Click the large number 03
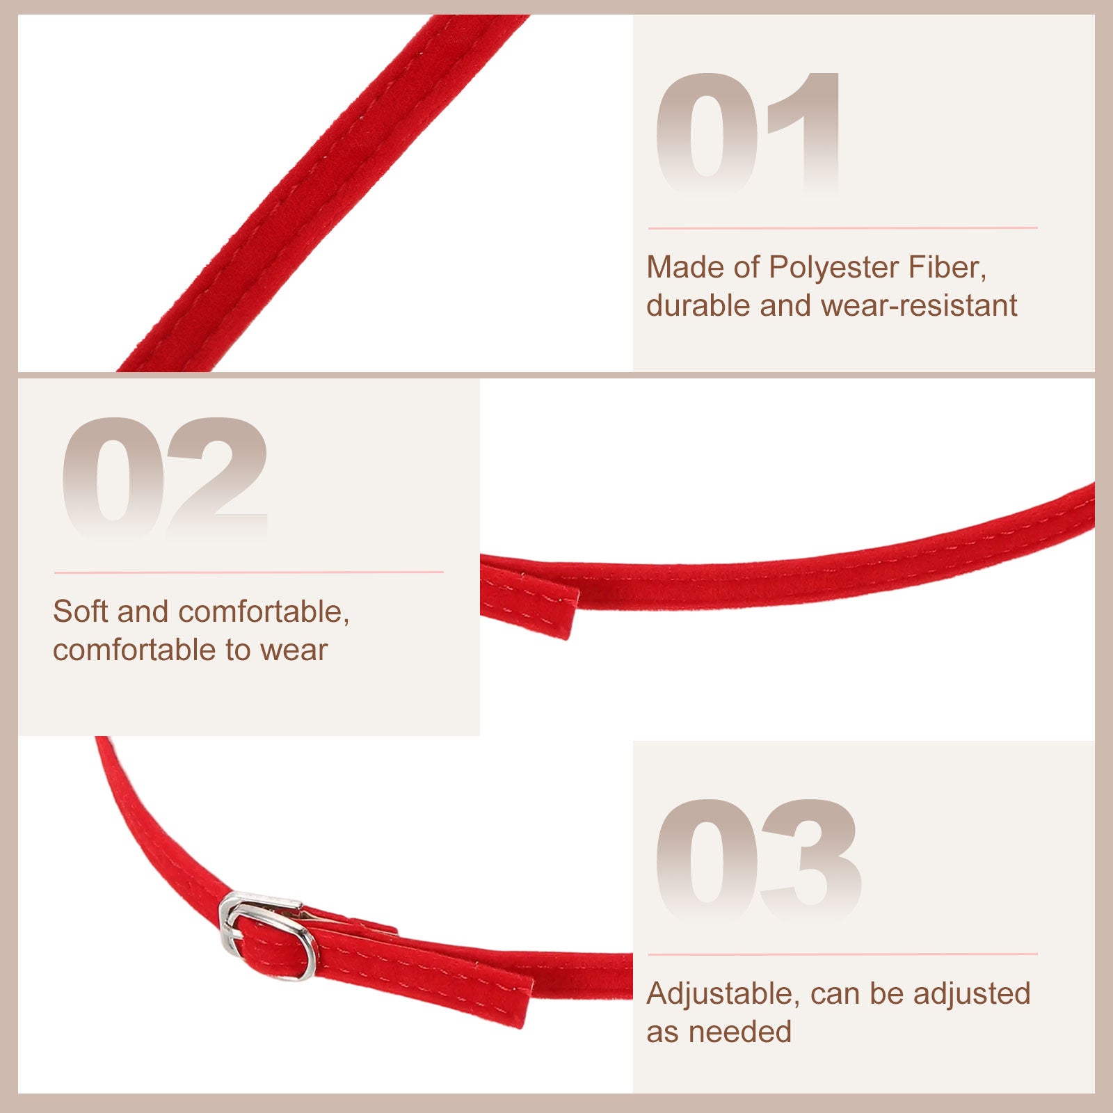pyautogui.click(x=759, y=860)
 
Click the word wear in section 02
pyautogui.click(x=293, y=650)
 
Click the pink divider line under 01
pyautogui.click(x=842, y=227)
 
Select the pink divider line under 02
pyautogui.click(x=248, y=572)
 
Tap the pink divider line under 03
pyautogui.click(x=842, y=954)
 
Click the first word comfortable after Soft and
pyautogui.click(x=263, y=611)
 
